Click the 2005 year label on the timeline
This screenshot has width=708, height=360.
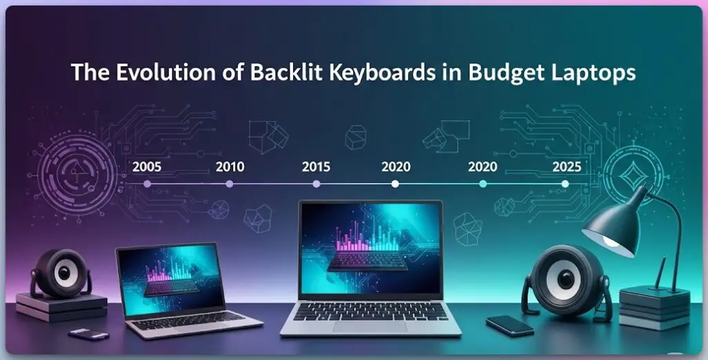[147, 167]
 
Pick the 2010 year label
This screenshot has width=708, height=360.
[230, 167]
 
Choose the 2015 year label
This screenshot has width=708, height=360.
[316, 167]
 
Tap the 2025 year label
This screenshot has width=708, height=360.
[566, 167]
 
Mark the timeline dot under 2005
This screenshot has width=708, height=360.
[147, 184]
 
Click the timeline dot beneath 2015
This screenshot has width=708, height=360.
[316, 184]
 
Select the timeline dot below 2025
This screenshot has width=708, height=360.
[566, 184]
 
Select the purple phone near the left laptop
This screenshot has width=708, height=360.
[89, 334]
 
